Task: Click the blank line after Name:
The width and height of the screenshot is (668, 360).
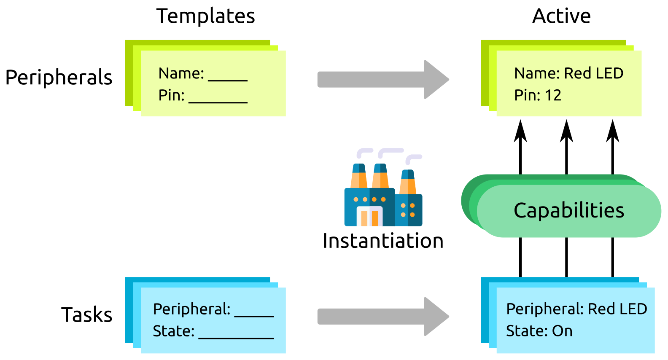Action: point(228,80)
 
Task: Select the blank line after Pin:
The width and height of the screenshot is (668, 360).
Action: point(218,102)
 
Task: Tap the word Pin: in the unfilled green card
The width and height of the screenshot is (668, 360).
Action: point(171,95)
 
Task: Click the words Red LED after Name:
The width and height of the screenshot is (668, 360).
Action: point(593,73)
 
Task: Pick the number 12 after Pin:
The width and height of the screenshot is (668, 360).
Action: point(552,95)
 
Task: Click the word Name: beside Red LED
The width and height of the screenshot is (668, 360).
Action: point(537,73)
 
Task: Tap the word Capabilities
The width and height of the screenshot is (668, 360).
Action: point(568,210)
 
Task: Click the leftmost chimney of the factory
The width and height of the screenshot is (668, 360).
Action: point(359,176)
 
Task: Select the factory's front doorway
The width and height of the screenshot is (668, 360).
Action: point(369,217)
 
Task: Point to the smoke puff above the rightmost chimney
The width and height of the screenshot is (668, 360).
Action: point(413,159)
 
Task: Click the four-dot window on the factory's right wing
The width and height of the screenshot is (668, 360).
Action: point(408,210)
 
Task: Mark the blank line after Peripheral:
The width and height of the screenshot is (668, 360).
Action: point(254,315)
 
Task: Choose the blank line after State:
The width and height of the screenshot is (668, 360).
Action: point(236,337)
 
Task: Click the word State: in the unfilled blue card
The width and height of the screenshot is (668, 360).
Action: point(173,331)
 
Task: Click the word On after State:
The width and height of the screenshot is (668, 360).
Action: point(562,331)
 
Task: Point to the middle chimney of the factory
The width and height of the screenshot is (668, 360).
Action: point(380,176)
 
